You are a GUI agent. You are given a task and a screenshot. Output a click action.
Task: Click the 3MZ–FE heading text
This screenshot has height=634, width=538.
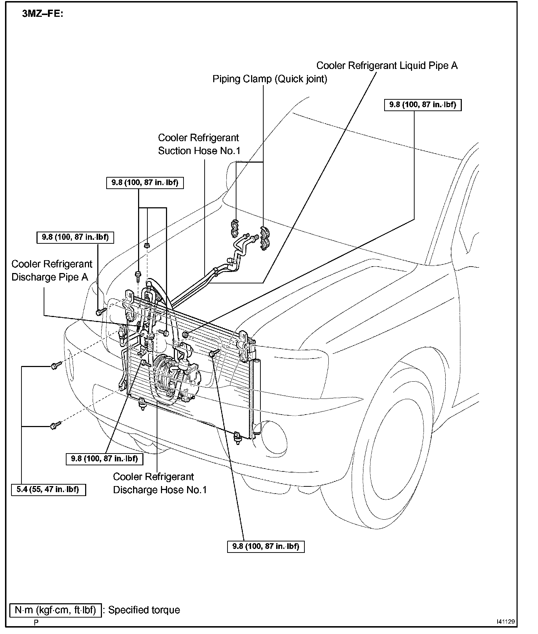click(x=43, y=14)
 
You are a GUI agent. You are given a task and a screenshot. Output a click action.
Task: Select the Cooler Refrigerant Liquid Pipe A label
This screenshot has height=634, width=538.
click(x=387, y=66)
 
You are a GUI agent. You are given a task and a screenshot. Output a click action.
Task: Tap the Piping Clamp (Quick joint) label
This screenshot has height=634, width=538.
click(x=270, y=79)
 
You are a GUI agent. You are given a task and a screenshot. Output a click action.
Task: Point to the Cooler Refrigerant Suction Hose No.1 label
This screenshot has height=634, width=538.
click(x=199, y=144)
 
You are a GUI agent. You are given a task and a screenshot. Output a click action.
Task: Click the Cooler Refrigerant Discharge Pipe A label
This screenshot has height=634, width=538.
click(x=52, y=271)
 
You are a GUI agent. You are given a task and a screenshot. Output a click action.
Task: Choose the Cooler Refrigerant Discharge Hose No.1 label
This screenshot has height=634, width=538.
click(x=160, y=483)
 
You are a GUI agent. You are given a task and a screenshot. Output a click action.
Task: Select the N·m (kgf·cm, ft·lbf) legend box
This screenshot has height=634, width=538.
click(x=55, y=610)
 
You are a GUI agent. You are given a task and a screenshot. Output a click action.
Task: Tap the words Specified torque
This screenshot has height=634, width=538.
click(x=144, y=610)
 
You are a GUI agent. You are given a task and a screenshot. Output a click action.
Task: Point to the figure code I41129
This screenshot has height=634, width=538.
click(x=505, y=621)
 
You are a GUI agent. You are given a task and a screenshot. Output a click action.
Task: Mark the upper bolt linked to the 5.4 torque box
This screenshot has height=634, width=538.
click(x=55, y=366)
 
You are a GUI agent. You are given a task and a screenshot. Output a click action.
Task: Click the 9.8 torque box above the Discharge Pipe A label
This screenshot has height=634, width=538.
click(x=75, y=237)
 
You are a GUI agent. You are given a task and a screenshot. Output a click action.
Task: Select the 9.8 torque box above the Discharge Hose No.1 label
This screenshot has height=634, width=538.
click(x=104, y=459)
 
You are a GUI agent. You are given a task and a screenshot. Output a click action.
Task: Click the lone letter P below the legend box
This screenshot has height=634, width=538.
click(x=36, y=622)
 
